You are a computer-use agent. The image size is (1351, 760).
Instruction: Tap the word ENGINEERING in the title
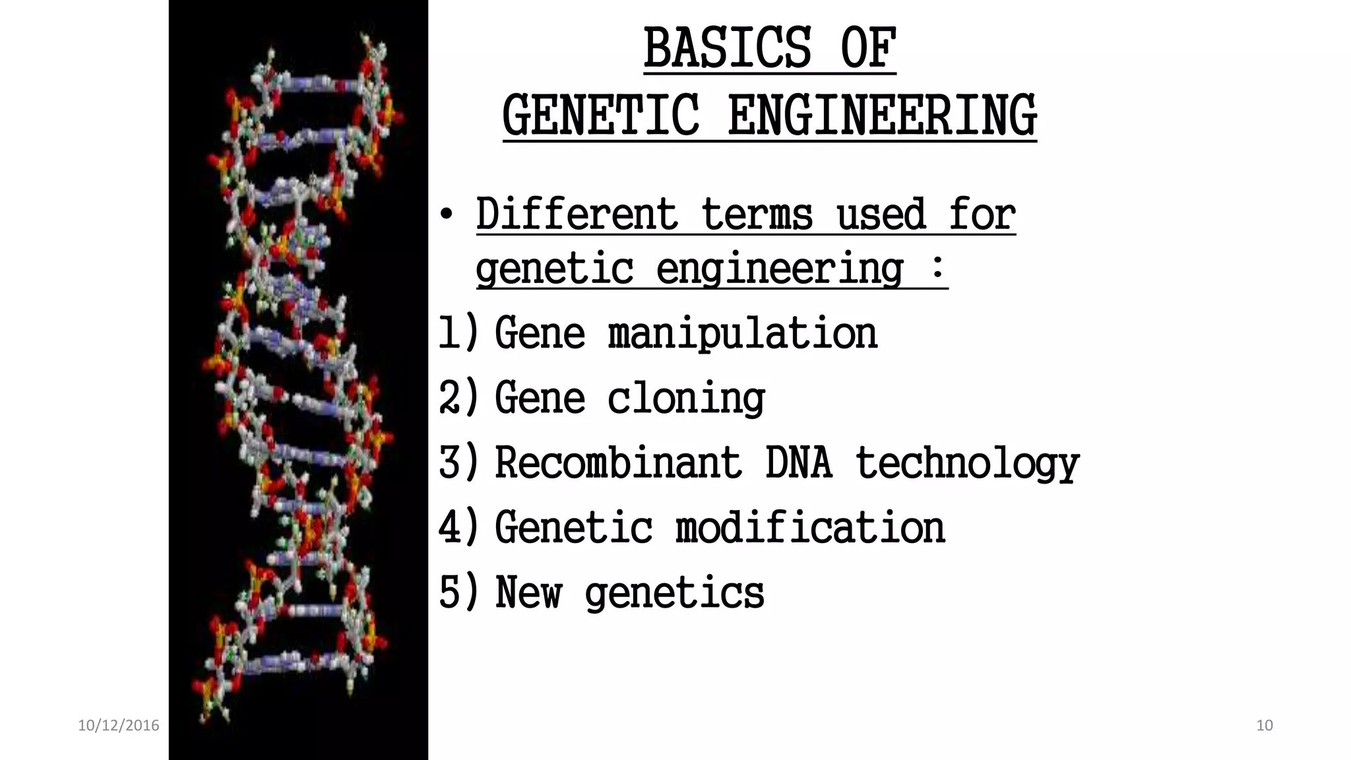click(x=882, y=116)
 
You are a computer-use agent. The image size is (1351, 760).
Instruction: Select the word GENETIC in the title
click(x=600, y=116)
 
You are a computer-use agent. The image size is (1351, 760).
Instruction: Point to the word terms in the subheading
click(x=757, y=214)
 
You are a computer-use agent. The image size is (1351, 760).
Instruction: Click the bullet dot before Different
click(x=447, y=215)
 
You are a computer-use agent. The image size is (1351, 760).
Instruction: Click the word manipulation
click(x=743, y=333)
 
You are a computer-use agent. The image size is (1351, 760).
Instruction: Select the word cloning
click(x=686, y=398)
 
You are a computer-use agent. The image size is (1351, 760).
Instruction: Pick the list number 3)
click(x=458, y=462)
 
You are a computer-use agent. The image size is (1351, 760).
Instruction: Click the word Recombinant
click(x=618, y=462)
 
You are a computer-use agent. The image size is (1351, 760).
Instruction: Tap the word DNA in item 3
click(x=798, y=462)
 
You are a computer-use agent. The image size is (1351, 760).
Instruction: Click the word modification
click(x=810, y=527)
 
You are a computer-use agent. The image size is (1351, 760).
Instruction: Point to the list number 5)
click(x=458, y=592)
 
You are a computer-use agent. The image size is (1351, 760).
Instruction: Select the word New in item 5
click(x=528, y=592)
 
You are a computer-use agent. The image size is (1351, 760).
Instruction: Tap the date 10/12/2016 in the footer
click(x=119, y=726)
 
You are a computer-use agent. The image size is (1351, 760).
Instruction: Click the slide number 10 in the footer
click(x=1264, y=726)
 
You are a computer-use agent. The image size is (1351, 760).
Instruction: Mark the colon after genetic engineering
click(x=937, y=269)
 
